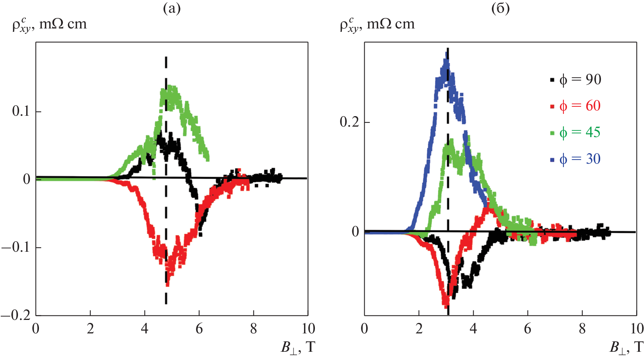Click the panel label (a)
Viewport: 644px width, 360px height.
coord(172,8)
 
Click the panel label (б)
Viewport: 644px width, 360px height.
coord(500,8)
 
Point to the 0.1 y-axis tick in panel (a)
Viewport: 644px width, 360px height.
coord(21,111)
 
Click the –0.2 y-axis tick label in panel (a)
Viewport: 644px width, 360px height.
coord(16,315)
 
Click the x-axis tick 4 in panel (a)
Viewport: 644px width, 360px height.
coord(145,329)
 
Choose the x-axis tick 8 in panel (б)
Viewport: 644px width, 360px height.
coord(582,329)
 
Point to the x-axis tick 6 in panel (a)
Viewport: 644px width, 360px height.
coord(199,329)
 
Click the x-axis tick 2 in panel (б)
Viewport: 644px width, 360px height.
coord(419,329)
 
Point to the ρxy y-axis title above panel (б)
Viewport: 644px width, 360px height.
coord(377,25)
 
